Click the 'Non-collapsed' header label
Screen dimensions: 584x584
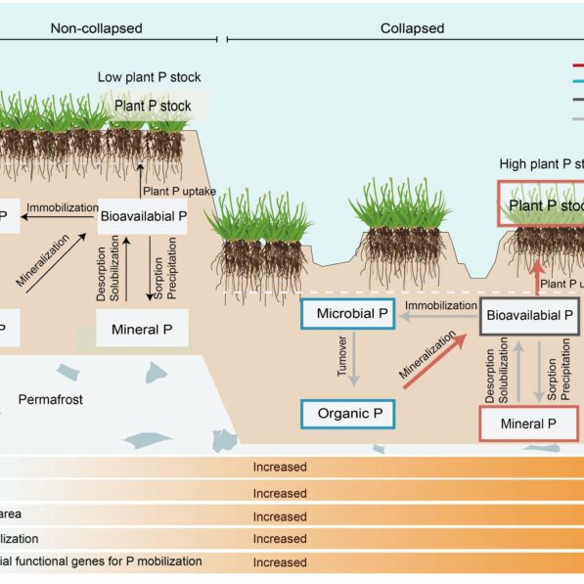(x=96, y=28)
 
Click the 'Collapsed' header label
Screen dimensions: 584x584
(x=412, y=28)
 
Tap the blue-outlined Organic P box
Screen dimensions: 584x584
(x=350, y=414)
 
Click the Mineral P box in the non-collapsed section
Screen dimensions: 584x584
(x=142, y=330)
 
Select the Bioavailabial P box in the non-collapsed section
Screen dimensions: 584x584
(x=144, y=214)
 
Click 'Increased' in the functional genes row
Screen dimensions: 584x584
(x=280, y=562)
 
